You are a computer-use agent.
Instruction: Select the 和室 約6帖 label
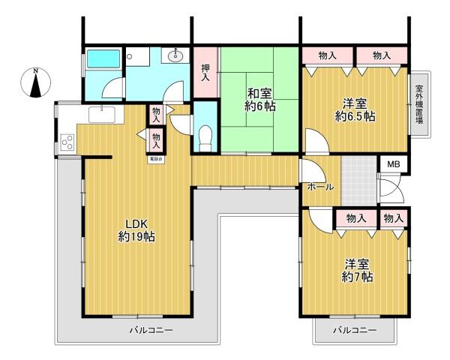259,100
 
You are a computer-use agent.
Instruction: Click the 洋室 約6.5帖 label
354,109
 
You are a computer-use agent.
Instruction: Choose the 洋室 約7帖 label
358,270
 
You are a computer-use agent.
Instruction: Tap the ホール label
320,187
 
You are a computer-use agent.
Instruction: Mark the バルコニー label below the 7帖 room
354,330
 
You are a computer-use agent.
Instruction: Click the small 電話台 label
156,159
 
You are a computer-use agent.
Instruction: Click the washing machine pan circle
130,56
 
